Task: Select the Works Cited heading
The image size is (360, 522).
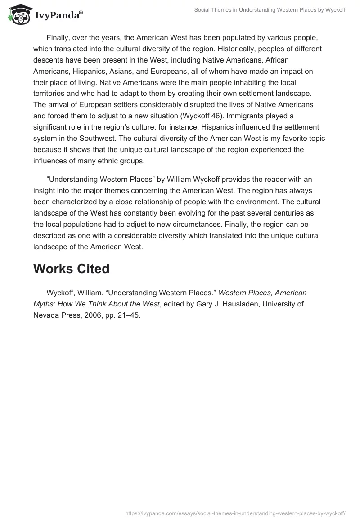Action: pyautogui.click(x=72, y=269)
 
